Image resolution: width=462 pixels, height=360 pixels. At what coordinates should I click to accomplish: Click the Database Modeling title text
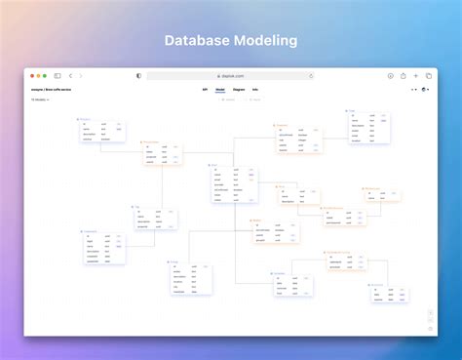coord(231,41)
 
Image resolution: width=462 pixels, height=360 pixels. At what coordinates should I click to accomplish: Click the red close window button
coord(30,75)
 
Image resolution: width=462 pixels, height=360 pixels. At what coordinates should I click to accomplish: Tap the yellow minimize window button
coord(37,75)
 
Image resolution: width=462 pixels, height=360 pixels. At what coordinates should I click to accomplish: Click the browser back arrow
coord(70,75)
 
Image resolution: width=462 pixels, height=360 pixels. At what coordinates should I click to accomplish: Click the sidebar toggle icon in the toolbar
coord(58,75)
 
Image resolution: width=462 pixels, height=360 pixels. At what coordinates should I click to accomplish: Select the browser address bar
coord(231,75)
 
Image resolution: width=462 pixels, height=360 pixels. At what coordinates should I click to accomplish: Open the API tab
coord(205,89)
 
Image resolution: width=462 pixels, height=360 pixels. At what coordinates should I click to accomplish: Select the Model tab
coord(220,89)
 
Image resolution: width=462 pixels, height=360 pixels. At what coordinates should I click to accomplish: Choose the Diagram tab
coord(239,89)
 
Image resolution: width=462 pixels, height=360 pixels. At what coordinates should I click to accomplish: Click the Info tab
coord(255,89)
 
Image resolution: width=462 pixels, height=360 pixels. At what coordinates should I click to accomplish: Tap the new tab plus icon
coord(416,75)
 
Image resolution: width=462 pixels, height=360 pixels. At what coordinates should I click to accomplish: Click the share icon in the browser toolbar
coord(404,75)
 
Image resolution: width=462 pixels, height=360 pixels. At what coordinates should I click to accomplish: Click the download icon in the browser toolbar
coord(391,75)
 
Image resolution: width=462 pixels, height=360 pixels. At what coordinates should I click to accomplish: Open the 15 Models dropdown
coord(39,99)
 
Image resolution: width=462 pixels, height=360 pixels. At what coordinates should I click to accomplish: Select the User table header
coord(215,166)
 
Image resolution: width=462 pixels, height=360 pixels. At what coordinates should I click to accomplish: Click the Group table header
coord(174,261)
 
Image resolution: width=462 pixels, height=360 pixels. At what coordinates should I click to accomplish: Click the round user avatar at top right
coord(425,89)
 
